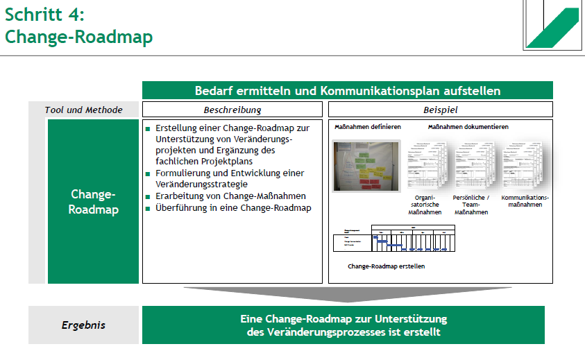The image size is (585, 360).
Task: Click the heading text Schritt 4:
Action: click(x=46, y=14)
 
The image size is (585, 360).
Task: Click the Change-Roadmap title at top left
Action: click(x=78, y=37)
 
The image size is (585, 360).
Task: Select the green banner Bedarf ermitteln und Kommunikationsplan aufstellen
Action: click(x=347, y=91)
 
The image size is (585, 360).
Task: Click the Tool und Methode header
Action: click(x=83, y=110)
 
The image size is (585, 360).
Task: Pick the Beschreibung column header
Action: click(x=232, y=110)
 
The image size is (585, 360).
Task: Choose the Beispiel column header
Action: click(x=440, y=110)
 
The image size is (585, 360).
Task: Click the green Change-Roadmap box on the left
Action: click(x=93, y=201)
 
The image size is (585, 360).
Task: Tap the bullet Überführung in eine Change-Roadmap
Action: click(x=233, y=207)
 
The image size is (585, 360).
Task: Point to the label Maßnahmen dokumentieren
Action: click(x=468, y=128)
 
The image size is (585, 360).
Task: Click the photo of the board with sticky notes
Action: click(x=366, y=166)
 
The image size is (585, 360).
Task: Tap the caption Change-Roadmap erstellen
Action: click(x=387, y=266)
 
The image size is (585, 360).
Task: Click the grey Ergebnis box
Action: click(x=83, y=325)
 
